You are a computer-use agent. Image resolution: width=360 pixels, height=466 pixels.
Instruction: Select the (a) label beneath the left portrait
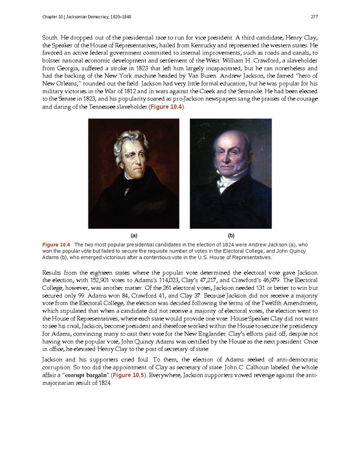click(133, 235)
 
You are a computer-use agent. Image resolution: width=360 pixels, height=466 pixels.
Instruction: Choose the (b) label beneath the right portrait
click(231, 235)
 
